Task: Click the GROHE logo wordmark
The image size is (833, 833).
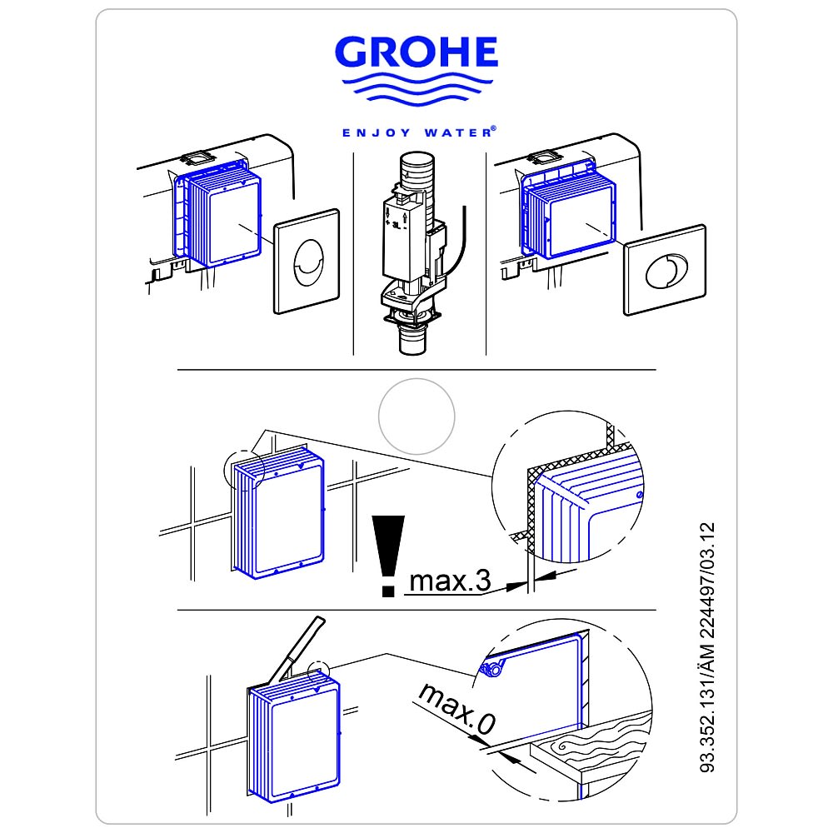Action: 416,52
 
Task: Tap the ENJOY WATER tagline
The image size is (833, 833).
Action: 419,132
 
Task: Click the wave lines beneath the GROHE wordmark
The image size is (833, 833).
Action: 417,90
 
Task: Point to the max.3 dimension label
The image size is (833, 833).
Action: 450,581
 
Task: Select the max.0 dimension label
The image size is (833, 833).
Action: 457,708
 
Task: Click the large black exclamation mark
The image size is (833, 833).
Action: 388,556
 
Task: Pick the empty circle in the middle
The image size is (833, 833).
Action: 416,416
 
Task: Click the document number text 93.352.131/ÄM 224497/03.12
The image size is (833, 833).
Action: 707,647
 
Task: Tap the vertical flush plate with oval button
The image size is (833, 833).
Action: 307,262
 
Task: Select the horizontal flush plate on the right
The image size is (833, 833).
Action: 665,270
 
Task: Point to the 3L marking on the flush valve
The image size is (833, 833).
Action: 397,225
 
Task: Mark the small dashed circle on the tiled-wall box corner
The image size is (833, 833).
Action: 244,470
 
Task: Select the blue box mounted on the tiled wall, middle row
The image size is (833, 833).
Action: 278,512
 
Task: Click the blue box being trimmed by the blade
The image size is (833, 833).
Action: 294,736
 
